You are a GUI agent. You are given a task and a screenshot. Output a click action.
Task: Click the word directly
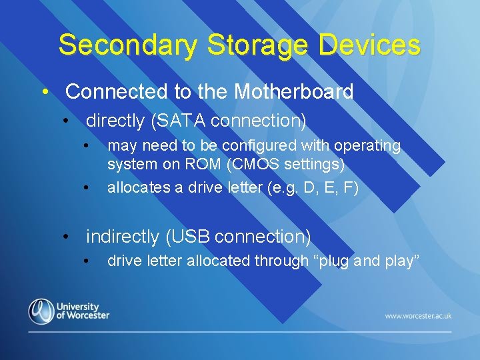click(x=115, y=121)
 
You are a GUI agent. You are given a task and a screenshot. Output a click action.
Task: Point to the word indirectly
click(x=123, y=236)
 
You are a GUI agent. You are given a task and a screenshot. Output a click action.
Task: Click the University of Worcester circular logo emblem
click(x=41, y=311)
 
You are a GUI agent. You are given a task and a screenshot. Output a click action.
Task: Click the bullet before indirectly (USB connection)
click(x=66, y=237)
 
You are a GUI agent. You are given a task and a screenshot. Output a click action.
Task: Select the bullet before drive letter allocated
click(x=86, y=261)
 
